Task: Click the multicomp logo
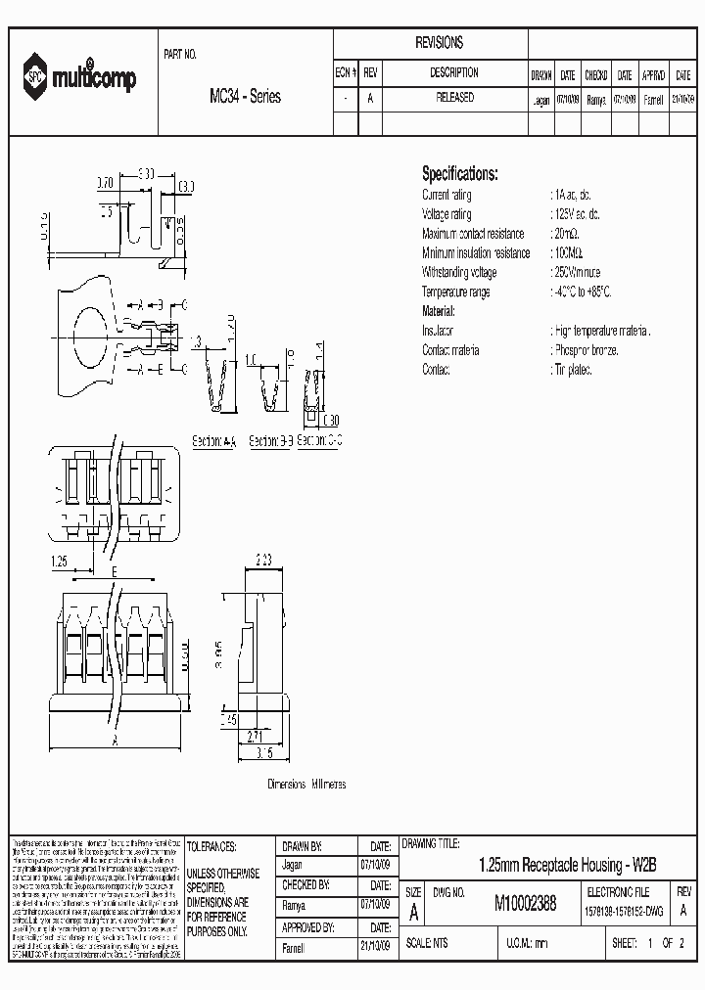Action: (81, 79)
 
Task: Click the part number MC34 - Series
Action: (245, 97)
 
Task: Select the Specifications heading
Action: (459, 174)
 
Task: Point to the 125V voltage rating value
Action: (577, 214)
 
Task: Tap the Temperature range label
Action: (455, 292)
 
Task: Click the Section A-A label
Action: (214, 441)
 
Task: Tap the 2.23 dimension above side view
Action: (263, 561)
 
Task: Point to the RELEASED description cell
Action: (454, 99)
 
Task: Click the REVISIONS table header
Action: (439, 43)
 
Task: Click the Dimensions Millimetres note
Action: (306, 785)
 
